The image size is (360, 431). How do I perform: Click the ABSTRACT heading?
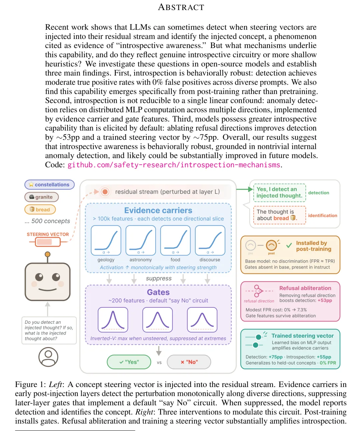[x=181, y=7]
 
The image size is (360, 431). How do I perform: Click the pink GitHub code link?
[x=174, y=165]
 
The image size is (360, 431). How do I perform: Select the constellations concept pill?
[x=49, y=185]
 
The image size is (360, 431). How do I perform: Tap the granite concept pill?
[x=41, y=197]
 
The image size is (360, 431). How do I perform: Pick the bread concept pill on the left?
[x=40, y=210]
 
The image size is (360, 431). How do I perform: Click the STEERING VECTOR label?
[x=48, y=234]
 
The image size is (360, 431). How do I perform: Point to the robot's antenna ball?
[x=48, y=254]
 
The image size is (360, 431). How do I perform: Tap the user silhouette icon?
[x=48, y=356]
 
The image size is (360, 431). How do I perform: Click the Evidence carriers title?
[x=158, y=211]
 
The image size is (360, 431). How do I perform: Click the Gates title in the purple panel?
[x=158, y=292]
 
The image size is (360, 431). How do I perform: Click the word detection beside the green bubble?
[x=318, y=193]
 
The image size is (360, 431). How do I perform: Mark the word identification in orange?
[x=322, y=215]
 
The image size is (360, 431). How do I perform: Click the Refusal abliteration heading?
[x=305, y=288]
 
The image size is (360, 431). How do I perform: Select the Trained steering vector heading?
[x=302, y=336]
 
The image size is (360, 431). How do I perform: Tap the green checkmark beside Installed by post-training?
[x=289, y=245]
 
